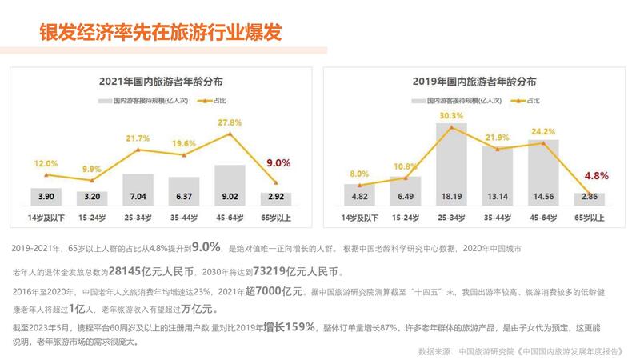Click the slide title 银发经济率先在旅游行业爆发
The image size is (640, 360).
click(160, 32)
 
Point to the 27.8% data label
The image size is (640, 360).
click(230, 123)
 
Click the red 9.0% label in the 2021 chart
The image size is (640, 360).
click(278, 162)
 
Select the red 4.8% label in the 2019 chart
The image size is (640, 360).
click(598, 175)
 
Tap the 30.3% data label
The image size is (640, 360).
click(451, 116)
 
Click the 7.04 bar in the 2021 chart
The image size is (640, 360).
click(138, 190)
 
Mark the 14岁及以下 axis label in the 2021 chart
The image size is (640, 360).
click(46, 217)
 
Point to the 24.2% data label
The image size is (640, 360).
click(543, 131)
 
